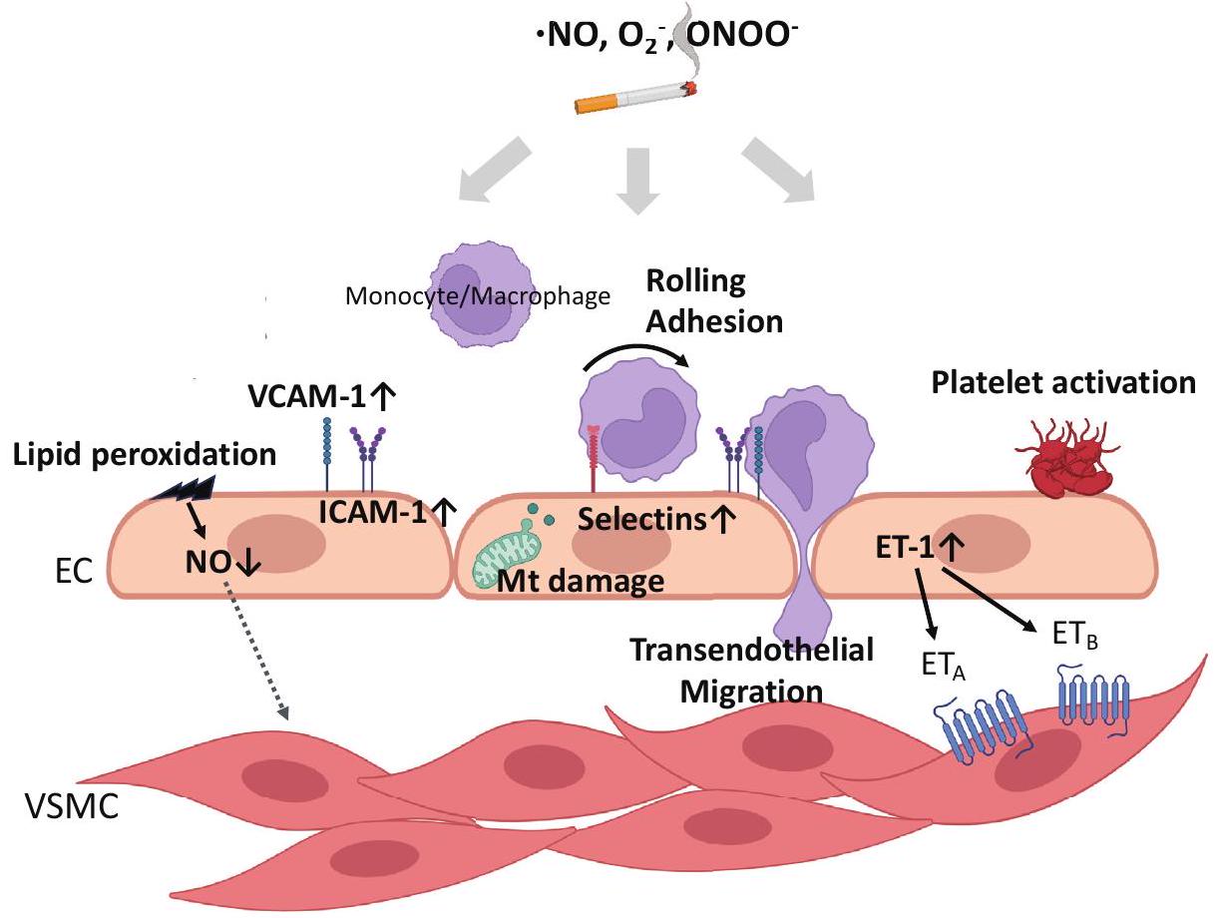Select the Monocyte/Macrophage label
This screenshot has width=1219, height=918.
coord(477,296)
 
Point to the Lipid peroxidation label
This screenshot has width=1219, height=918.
coord(144,455)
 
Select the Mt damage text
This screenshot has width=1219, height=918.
coord(580,581)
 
